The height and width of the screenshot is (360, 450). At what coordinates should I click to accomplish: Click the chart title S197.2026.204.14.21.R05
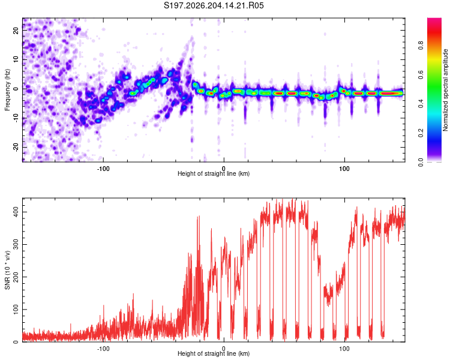click(x=214, y=5)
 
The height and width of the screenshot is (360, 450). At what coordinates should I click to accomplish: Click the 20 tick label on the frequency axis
click(x=16, y=31)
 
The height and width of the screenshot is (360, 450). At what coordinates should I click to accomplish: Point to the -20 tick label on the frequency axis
click(x=16, y=147)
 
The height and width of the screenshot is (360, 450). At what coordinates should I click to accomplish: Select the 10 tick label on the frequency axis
click(x=16, y=60)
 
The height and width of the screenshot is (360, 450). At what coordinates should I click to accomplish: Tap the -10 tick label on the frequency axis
click(x=16, y=118)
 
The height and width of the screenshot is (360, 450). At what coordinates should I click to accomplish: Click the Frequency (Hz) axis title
click(x=7, y=90)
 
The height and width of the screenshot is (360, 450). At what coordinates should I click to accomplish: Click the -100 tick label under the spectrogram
click(x=103, y=169)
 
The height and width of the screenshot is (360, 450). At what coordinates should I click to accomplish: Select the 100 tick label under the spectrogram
click(x=344, y=169)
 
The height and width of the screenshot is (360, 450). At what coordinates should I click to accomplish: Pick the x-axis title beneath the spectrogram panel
click(x=214, y=173)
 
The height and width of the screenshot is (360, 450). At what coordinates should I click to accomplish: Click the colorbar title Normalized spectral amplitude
click(x=445, y=90)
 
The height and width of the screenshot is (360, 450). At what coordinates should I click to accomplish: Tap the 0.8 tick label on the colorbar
click(x=421, y=46)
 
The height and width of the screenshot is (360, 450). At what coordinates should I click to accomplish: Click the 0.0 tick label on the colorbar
click(x=421, y=162)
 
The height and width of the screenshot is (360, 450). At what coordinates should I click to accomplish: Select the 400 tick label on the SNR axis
click(x=16, y=212)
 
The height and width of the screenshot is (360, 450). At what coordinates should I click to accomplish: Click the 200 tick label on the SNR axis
click(x=16, y=277)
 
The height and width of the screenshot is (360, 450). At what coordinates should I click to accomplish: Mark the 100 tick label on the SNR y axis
click(x=16, y=310)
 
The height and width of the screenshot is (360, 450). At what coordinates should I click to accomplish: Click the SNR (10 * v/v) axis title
click(x=7, y=270)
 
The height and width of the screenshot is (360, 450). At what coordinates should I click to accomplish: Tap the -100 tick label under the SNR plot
click(x=103, y=349)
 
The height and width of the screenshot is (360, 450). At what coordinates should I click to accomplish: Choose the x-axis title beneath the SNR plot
click(x=214, y=353)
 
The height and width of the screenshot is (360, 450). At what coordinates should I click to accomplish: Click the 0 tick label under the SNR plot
click(x=224, y=349)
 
